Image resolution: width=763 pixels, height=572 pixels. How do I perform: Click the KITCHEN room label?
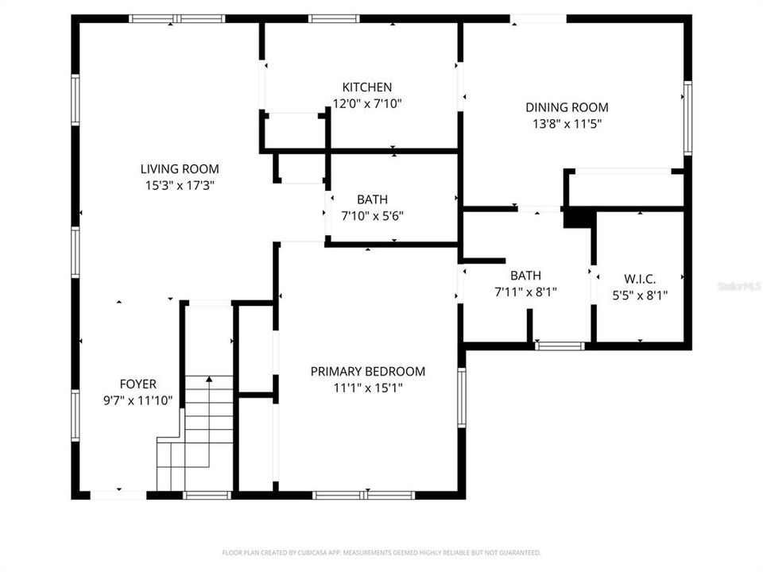366,87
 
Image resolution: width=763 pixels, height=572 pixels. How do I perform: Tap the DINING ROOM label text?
567,107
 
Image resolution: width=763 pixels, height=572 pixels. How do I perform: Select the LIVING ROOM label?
180,168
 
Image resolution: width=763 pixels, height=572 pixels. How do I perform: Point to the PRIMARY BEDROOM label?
367,371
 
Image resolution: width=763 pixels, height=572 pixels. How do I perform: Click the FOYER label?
137,384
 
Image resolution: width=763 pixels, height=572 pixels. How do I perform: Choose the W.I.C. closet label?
639,279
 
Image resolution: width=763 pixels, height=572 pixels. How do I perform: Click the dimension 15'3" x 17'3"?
180,184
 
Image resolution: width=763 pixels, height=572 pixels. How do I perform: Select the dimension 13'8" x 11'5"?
567,123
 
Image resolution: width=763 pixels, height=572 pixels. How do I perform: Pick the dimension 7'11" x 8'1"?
525,292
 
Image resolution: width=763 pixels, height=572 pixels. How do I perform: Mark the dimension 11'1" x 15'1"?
367,388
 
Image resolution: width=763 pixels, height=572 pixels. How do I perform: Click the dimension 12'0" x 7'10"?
366,103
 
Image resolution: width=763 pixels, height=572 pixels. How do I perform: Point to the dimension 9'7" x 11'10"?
137,400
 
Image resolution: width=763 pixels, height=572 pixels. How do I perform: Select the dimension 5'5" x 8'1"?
639,295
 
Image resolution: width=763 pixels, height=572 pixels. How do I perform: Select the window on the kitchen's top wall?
334,18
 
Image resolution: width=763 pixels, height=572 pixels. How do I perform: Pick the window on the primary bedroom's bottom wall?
364,495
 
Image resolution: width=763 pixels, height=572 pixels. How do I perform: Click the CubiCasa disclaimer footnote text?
381,552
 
